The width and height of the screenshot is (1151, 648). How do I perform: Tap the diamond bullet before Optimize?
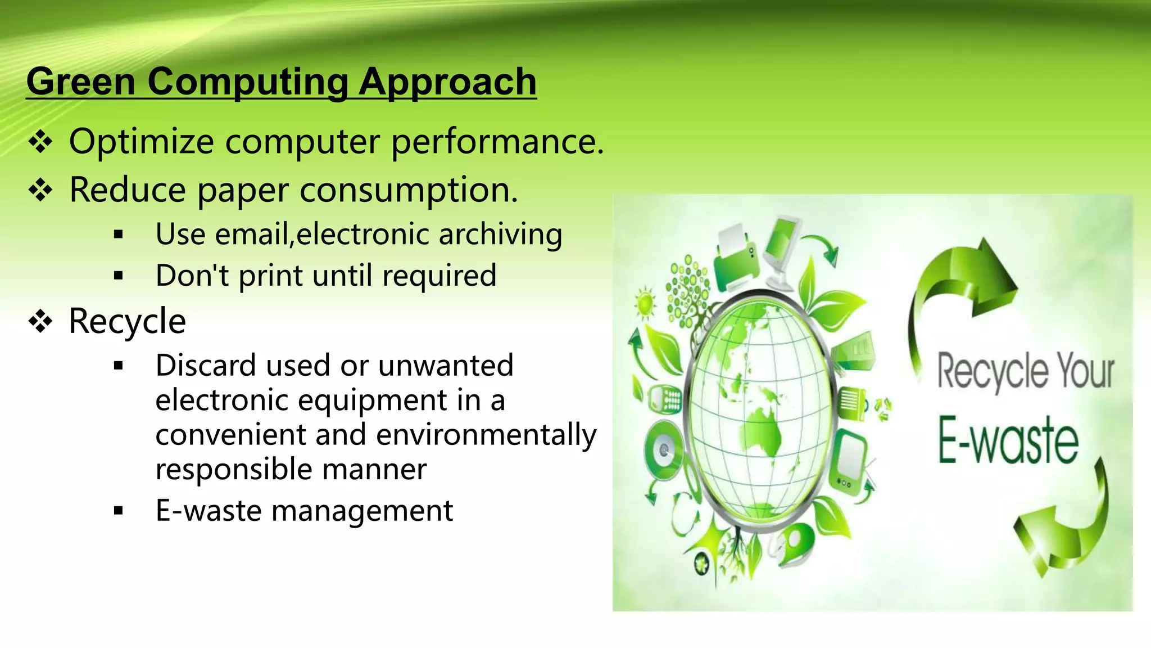coord(40,142)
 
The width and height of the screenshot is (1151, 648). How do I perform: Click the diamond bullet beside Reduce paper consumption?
coord(40,190)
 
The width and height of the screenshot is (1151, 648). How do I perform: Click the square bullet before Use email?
coord(118,235)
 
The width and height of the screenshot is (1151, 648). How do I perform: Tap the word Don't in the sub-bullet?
coord(191,276)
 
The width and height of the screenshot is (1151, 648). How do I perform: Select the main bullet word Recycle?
coord(127,321)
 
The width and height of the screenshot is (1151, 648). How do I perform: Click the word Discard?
coord(206,366)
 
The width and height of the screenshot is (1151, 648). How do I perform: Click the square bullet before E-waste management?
coord(118,511)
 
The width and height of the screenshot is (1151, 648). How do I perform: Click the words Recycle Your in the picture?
coord(1025,371)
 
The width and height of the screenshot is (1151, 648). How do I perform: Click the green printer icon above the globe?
coord(736,259)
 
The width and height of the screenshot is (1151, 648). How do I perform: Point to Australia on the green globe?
coord(764,431)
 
